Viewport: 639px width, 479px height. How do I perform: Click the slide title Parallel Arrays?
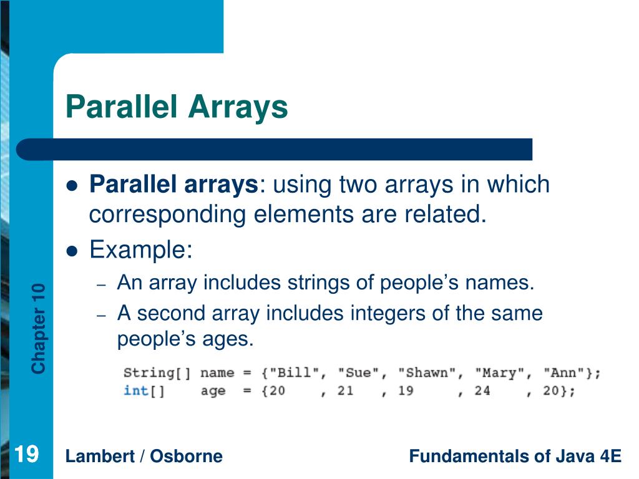pyautogui.click(x=177, y=107)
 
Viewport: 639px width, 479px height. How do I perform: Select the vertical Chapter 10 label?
pyautogui.click(x=39, y=328)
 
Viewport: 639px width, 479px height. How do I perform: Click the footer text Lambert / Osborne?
pyautogui.click(x=144, y=456)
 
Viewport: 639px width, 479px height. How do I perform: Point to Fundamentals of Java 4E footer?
pyautogui.click(x=515, y=456)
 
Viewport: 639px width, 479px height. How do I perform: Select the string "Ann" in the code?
pyautogui.click(x=565, y=373)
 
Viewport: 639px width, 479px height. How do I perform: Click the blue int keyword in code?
pyautogui.click(x=135, y=391)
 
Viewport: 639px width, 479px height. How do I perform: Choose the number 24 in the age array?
pyautogui.click(x=482, y=391)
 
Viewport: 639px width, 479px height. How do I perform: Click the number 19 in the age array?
pyautogui.click(x=405, y=391)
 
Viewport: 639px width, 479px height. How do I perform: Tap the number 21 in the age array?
pyautogui.click(x=345, y=391)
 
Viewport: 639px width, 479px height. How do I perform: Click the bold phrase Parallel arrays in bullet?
pyautogui.click(x=173, y=185)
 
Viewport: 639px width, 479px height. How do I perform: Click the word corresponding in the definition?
pyautogui.click(x=168, y=215)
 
